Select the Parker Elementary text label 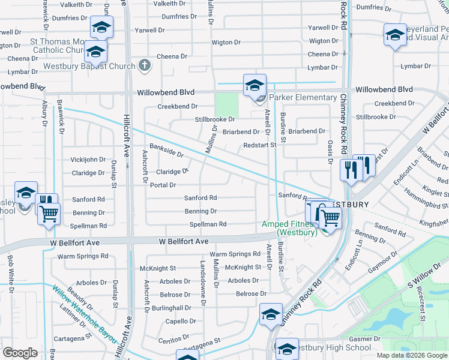point(303,97)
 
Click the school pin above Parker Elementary point(255,85)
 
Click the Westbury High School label point(332,347)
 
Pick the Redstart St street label point(259,145)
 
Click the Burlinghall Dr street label point(172,307)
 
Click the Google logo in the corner point(20,353)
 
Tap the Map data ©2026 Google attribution point(411,355)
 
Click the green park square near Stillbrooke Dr point(227,105)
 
